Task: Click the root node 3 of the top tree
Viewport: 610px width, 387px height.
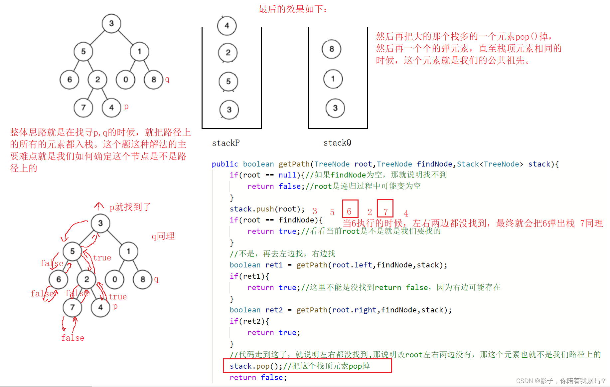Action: coord(111,23)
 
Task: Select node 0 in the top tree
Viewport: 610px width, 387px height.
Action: coord(125,80)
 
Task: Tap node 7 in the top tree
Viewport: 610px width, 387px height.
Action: coord(83,108)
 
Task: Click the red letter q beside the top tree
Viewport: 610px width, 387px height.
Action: coord(167,79)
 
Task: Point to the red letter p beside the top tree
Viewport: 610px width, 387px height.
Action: coord(126,107)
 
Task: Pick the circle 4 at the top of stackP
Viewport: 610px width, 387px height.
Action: coord(227,26)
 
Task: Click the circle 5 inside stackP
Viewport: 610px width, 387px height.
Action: coord(228,82)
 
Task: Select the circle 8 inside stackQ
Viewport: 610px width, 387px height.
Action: coord(332,49)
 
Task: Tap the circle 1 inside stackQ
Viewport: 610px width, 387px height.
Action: coord(333,79)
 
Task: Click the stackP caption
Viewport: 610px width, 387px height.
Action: coord(226,143)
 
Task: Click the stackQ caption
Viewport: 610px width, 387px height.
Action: coord(337,143)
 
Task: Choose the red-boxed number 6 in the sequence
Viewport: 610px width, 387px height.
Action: coord(350,211)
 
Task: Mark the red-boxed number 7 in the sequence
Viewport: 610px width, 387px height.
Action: coord(385,211)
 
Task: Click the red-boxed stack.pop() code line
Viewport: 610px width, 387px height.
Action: coord(307,366)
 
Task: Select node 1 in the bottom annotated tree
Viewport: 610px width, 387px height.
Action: coord(128,251)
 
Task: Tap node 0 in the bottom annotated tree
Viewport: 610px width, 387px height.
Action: coord(114,279)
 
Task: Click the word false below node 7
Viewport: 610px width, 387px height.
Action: coord(73,338)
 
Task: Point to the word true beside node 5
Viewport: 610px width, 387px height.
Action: coord(102,258)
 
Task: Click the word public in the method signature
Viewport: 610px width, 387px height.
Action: coord(225,164)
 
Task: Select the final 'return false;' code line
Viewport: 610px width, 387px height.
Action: coord(258,377)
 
